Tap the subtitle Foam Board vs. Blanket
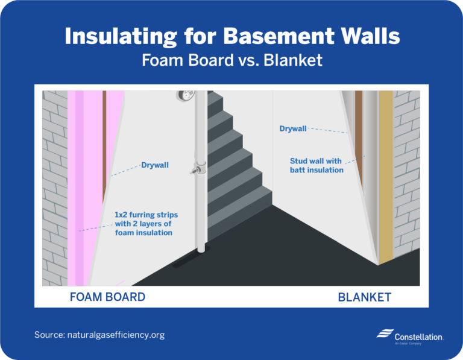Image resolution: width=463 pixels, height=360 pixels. [231, 61]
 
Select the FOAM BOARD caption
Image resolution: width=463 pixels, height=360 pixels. [107, 297]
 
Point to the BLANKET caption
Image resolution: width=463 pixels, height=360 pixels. [364, 297]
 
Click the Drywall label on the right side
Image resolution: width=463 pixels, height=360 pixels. [293, 128]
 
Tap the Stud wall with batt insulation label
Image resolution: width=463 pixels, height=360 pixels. [317, 166]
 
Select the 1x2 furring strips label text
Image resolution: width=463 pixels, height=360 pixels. [146, 224]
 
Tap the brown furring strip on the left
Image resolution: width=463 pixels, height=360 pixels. [104, 139]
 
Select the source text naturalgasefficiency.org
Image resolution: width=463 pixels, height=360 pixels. [99, 335]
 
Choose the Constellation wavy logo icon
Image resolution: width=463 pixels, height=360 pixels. [384, 334]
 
